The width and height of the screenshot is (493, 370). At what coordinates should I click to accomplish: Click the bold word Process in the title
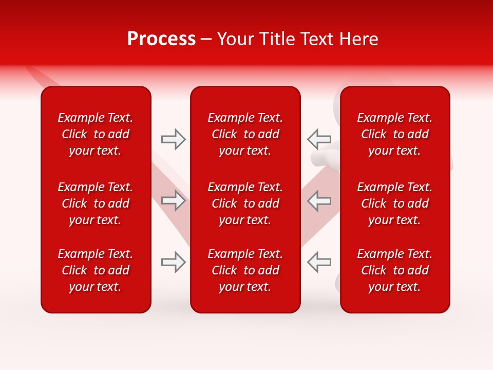[x=161, y=39]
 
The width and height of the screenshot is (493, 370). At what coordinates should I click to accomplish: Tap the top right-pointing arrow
[x=174, y=139]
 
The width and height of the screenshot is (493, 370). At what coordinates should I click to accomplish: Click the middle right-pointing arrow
[x=174, y=200]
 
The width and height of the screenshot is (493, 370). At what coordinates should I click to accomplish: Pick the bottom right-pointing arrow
[x=174, y=262]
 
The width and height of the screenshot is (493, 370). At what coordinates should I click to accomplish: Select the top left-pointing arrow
[x=319, y=139]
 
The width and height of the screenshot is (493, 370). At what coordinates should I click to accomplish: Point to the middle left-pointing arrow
[x=319, y=200]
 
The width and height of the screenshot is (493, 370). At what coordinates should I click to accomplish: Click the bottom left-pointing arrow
[x=319, y=262]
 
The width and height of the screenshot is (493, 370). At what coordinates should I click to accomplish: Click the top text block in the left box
[x=96, y=134]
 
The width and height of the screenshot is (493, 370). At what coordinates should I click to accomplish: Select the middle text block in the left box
[x=96, y=203]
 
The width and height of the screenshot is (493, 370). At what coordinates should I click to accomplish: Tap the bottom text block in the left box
[x=96, y=270]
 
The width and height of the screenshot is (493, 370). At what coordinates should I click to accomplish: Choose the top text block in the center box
[x=245, y=134]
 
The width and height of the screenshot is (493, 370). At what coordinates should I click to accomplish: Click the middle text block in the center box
[x=245, y=203]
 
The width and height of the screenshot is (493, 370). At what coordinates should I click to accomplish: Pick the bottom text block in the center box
[x=245, y=270]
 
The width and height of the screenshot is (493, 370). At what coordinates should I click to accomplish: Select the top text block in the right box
[x=394, y=134]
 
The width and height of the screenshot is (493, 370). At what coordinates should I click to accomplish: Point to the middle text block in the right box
[x=394, y=203]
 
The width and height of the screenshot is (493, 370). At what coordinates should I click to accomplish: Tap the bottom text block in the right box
[x=394, y=270]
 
